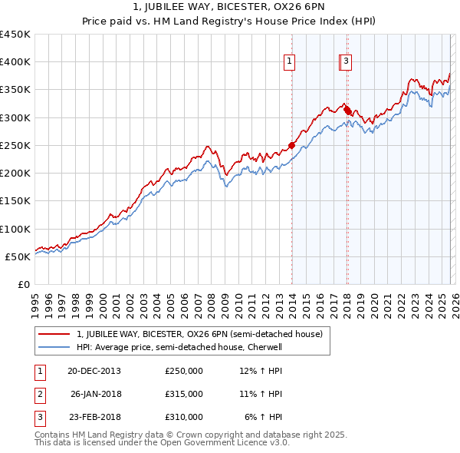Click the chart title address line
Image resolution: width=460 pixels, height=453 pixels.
point(230,8)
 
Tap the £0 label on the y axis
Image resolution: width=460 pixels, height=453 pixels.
point(24,285)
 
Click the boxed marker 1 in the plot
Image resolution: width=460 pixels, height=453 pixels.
point(291,62)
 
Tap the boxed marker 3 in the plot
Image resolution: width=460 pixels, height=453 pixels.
point(347,62)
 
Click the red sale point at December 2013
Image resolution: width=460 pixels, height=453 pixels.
point(292,145)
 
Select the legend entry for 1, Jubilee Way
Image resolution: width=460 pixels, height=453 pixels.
point(199,334)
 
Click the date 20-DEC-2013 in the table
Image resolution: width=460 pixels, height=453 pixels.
point(94,371)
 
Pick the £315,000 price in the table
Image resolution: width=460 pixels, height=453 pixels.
point(184,394)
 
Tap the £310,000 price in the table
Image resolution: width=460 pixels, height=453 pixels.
point(184,417)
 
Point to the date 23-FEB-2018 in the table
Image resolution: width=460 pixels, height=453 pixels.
point(94,417)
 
